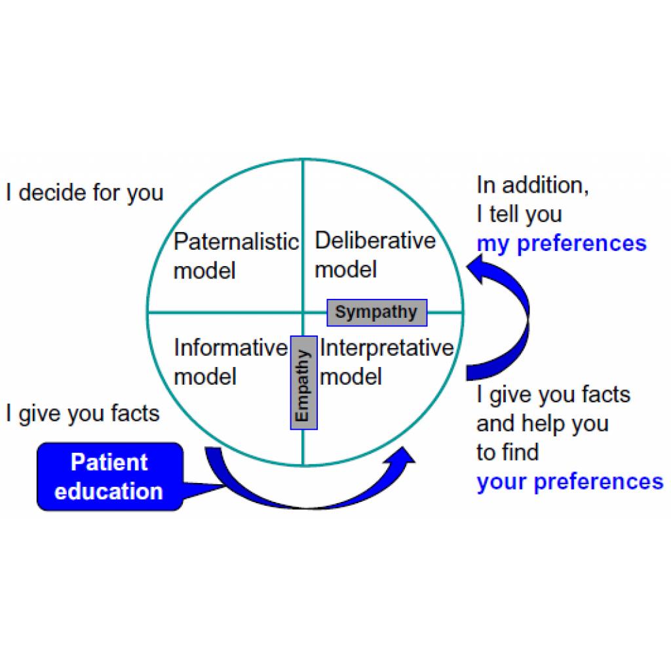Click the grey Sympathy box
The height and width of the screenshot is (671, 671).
coord(377,313)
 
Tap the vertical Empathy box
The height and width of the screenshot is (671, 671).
coord(304,383)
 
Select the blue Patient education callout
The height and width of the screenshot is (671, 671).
coord(110,477)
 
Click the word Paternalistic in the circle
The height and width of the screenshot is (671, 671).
coord(236,242)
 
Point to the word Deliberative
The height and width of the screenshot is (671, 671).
coord(375,240)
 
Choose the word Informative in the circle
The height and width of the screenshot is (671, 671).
coord(231,347)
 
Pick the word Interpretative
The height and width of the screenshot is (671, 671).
coord(387,347)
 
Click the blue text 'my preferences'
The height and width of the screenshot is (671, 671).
coord(562,244)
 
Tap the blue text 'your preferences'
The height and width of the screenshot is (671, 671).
coord(569,482)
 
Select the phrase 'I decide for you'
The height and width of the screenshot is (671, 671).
coord(85,193)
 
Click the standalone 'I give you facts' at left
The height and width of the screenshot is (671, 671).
coord(83,414)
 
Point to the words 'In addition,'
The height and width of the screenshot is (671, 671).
coord(533,185)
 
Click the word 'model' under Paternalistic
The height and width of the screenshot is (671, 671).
coord(204,271)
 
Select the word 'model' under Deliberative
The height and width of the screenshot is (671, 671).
coord(346,269)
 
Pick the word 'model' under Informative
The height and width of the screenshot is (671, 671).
coord(205,377)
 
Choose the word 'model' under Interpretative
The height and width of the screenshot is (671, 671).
coord(351,377)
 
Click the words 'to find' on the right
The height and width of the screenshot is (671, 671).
coord(508,452)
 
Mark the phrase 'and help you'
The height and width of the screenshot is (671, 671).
coord(542,424)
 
